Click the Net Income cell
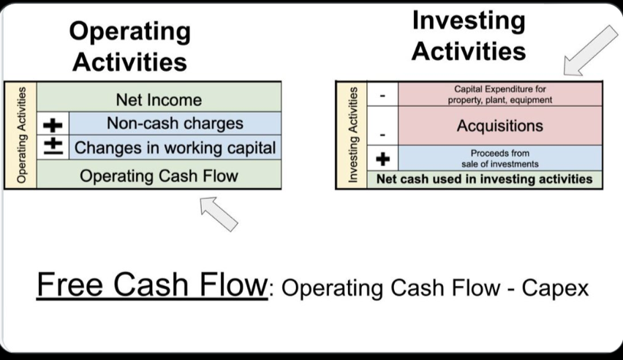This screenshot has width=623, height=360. [x=159, y=99]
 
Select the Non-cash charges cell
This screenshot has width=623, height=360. [x=175, y=124]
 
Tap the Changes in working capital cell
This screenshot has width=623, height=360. [x=175, y=148]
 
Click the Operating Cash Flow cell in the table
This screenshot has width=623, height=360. [x=159, y=176]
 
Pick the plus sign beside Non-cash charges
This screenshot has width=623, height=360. [x=53, y=124]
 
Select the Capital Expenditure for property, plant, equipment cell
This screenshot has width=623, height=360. [x=499, y=94]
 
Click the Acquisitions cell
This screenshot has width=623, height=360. [x=499, y=126]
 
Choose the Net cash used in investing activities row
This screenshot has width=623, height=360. [x=484, y=179]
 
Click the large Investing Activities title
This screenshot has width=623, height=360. [x=469, y=35]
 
